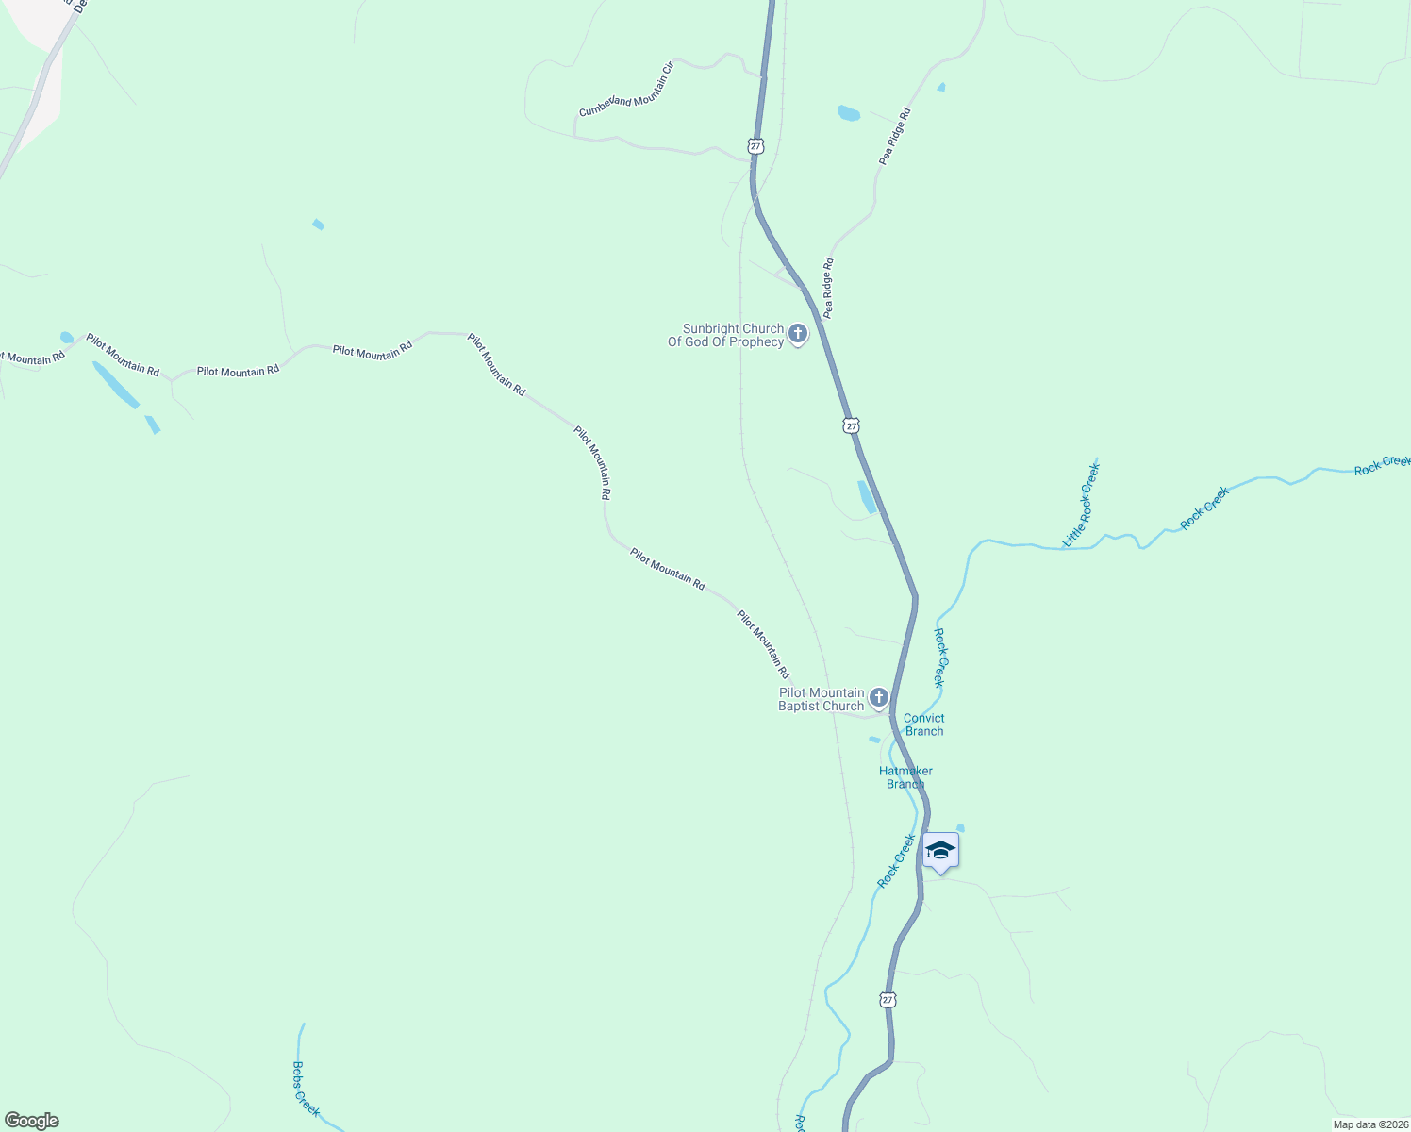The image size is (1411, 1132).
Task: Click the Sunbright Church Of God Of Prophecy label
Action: (726, 336)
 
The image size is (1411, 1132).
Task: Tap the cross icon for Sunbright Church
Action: (798, 333)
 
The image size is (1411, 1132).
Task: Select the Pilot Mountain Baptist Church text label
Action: (822, 699)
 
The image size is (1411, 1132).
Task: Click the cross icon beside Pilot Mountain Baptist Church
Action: (879, 698)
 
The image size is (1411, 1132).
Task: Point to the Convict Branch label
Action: (924, 724)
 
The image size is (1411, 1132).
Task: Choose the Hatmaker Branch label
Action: (905, 777)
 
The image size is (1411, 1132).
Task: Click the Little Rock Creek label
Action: (1081, 505)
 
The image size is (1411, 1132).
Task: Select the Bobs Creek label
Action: (306, 1089)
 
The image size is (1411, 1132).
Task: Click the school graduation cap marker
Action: (940, 851)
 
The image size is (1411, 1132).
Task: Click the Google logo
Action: (32, 1121)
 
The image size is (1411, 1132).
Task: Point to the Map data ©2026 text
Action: (1370, 1124)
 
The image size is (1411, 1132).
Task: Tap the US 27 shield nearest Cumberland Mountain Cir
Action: (755, 146)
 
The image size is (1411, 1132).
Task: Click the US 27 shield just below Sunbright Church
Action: (852, 425)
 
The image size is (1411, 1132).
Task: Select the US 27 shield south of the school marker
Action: (888, 999)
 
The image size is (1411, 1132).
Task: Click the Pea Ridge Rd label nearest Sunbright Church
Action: (828, 288)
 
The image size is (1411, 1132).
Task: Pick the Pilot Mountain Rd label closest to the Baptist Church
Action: (763, 644)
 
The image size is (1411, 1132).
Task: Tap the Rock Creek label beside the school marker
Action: (896, 860)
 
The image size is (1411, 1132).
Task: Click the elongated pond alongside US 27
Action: (867, 497)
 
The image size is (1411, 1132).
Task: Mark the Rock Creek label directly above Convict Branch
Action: (939, 658)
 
